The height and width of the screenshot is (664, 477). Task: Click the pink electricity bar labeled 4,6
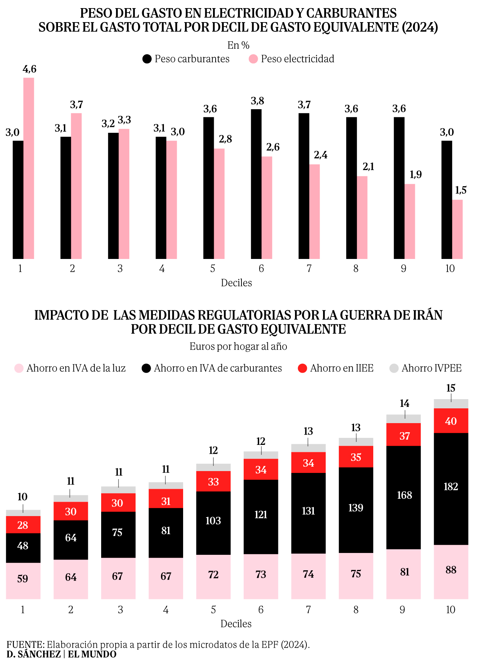pos(29,168)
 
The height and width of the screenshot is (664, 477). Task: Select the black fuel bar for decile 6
pos(256,184)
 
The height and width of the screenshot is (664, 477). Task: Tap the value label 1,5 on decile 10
pos(461,190)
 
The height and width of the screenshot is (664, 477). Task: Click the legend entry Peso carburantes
pos(186,59)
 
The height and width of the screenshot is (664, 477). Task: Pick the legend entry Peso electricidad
pos(292,59)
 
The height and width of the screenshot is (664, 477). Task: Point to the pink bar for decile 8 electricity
pos(362,217)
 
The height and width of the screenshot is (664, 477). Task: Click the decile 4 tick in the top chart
pos(162,269)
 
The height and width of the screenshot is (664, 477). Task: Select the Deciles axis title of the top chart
pos(236,283)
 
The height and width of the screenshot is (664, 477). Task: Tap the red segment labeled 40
pos(451,421)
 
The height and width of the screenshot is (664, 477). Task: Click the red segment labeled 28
pos(23,525)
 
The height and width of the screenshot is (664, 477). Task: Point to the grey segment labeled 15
pos(451,404)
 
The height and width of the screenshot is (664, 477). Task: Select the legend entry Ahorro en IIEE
pos(336,368)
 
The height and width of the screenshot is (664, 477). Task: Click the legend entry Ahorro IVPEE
pos(426,368)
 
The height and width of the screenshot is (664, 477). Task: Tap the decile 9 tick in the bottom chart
pos(402,610)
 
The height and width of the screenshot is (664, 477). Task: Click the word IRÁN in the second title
pos(426,315)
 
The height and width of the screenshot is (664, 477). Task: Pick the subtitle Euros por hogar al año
pos(238,346)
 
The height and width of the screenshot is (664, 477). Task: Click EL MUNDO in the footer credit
pos(92,654)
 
